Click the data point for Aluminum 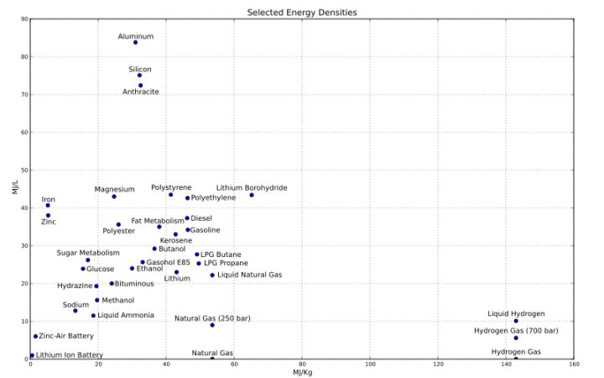click(135, 42)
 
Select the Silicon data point click(139, 76)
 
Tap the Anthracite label click(140, 92)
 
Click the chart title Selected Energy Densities click(301, 13)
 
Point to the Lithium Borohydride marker click(252, 195)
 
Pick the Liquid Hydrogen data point click(516, 321)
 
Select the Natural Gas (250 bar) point click(212, 325)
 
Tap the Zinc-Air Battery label click(66, 336)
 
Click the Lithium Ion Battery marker click(32, 355)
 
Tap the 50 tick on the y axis click(23, 171)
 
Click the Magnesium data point click(114, 197)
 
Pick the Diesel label click(201, 218)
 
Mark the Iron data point click(48, 205)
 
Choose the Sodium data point click(75, 311)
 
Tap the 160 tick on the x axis click(574, 365)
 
